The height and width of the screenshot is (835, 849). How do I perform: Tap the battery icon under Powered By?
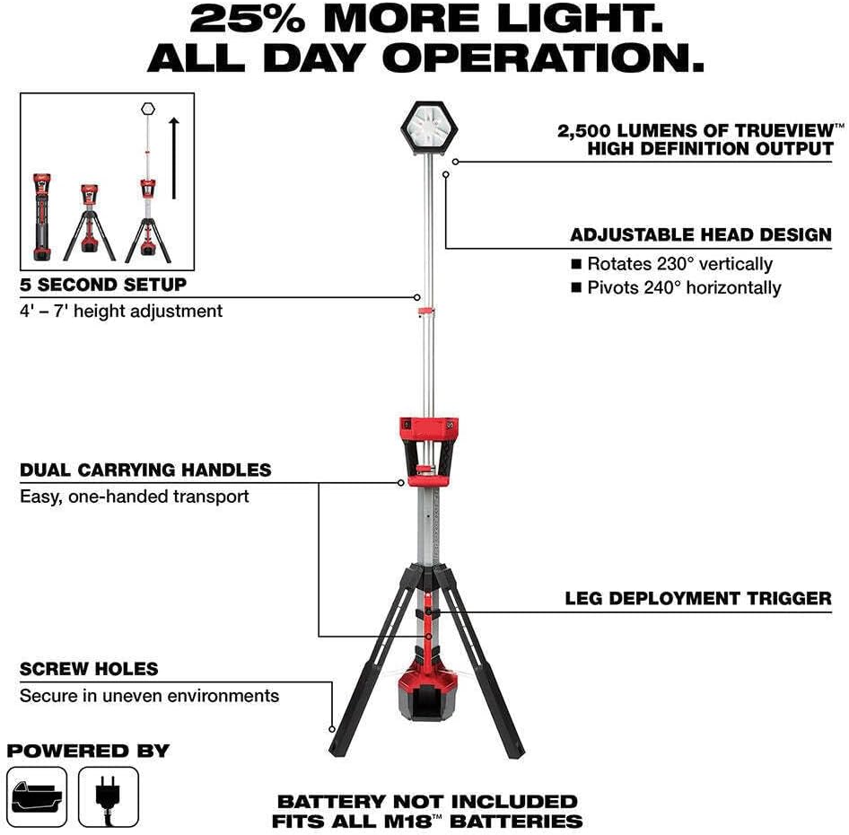(x=38, y=796)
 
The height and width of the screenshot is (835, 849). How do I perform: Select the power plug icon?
(x=109, y=796)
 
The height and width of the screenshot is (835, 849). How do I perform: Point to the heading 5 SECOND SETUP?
(x=103, y=285)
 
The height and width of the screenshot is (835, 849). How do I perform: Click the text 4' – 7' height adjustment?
(x=121, y=312)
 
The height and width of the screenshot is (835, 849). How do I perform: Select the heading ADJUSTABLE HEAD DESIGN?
(x=701, y=235)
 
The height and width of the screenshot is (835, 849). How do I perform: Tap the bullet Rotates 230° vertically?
(x=679, y=264)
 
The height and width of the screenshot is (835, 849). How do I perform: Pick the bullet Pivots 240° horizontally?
(x=684, y=287)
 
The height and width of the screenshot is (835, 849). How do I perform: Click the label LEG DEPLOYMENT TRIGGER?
(x=698, y=598)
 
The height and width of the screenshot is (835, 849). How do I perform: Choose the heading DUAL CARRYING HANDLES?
(x=145, y=470)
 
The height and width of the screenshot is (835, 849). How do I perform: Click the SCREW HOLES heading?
(x=89, y=669)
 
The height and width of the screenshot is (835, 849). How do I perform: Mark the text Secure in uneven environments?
(x=149, y=696)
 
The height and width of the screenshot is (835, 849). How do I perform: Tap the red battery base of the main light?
(x=428, y=690)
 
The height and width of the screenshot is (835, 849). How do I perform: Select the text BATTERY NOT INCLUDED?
(x=427, y=801)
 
